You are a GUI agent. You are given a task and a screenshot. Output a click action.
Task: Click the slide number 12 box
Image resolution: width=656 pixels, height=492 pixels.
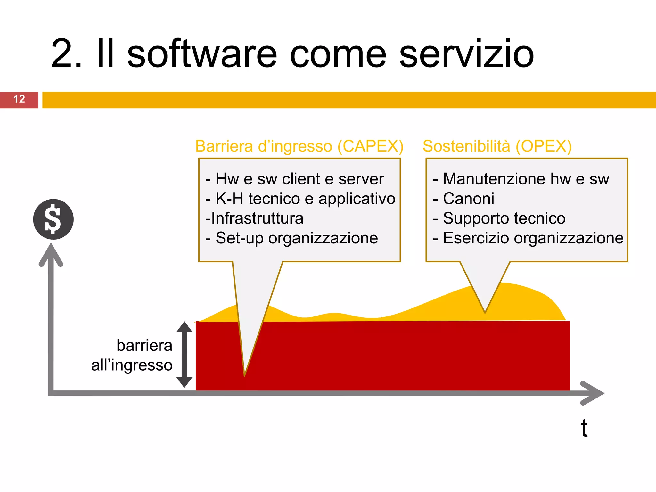pyautogui.click(x=19, y=100)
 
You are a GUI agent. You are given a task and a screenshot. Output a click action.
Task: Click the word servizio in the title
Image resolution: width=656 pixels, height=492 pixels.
pyautogui.click(x=466, y=54)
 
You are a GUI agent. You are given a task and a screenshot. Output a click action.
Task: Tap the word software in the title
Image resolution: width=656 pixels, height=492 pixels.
pyautogui.click(x=202, y=54)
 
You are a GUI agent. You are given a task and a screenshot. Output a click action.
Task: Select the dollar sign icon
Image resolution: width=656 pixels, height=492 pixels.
pyautogui.click(x=53, y=219)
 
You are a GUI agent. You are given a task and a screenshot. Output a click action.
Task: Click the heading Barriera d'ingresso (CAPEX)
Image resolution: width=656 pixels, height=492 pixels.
pyautogui.click(x=299, y=146)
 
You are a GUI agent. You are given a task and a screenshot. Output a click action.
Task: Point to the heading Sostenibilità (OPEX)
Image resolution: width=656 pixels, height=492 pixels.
pyautogui.click(x=497, y=146)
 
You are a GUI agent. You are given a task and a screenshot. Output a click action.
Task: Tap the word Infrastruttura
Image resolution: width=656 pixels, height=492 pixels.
pyautogui.click(x=257, y=218)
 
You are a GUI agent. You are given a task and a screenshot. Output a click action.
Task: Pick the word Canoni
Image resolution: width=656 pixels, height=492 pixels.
pyautogui.click(x=468, y=199)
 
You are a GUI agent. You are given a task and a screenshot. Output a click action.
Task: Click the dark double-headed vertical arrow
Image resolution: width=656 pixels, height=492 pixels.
pyautogui.click(x=184, y=355)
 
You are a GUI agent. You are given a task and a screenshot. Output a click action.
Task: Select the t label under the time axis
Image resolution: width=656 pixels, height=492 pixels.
pyautogui.click(x=584, y=428)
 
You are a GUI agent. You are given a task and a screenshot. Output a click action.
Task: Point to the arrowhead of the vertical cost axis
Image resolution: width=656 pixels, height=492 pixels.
pyautogui.click(x=51, y=254)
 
